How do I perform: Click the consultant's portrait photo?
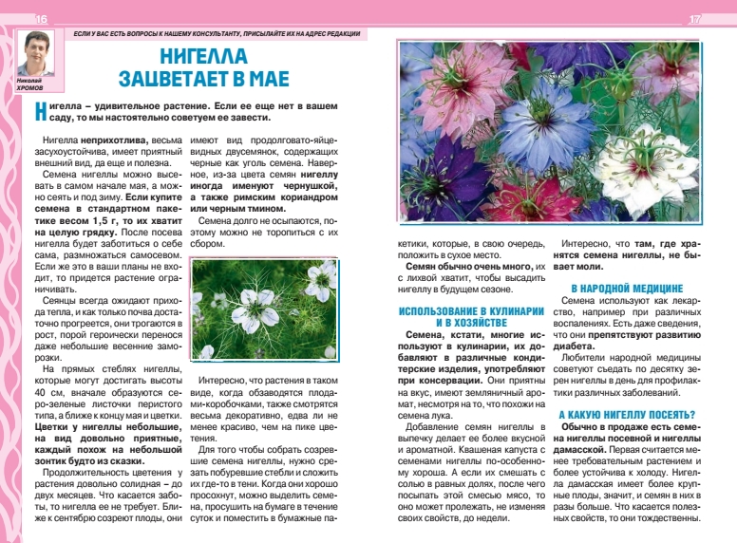click(36, 56)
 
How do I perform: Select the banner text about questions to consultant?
click(218, 34)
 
